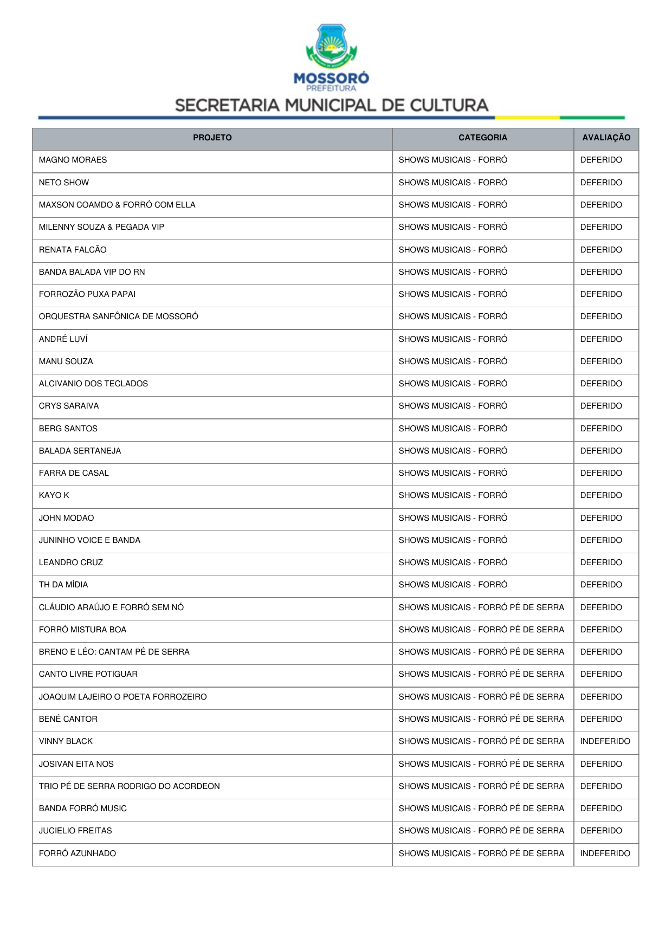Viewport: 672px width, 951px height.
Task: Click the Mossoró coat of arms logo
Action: tap(331, 46)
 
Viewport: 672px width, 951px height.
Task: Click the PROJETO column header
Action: tap(212, 138)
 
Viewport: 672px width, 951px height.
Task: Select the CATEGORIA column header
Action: tap(482, 138)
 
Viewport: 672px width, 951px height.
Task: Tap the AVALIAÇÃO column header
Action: tap(606, 138)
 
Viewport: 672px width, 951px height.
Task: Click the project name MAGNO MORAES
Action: tap(73, 160)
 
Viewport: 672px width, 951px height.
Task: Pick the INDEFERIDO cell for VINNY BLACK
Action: tap(605, 741)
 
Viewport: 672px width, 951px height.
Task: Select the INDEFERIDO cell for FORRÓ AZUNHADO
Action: tap(605, 853)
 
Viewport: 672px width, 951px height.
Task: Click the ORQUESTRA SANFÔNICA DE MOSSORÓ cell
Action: tap(119, 316)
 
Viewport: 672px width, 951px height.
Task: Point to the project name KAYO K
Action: tap(54, 495)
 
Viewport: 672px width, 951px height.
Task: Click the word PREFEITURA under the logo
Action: tap(331, 88)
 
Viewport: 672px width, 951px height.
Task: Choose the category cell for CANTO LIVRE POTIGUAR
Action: tap(481, 674)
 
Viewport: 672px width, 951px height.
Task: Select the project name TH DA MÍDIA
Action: tap(63, 585)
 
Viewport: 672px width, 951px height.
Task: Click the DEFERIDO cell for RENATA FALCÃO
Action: tap(601, 250)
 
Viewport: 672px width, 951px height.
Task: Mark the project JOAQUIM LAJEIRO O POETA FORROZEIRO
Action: tap(123, 697)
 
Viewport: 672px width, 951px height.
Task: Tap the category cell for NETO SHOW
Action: tap(453, 183)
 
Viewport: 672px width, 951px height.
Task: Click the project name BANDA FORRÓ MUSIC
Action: tap(83, 808)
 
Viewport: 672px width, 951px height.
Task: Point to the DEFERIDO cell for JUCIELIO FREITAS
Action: tap(601, 831)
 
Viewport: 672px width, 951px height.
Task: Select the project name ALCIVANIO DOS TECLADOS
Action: tap(93, 384)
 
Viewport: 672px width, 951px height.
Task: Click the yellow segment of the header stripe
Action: tap(527, 117)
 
